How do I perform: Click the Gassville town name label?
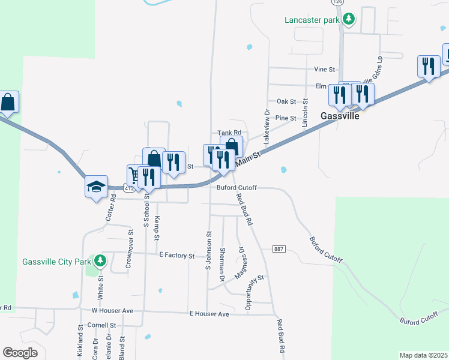pyautogui.click(x=340, y=116)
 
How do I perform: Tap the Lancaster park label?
pyautogui.click(x=312, y=19)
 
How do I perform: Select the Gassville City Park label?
pyautogui.click(x=56, y=261)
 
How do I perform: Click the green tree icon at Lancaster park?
pyautogui.click(x=349, y=19)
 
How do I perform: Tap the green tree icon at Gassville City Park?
pyautogui.click(x=100, y=261)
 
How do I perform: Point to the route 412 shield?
pyautogui.click(x=128, y=188)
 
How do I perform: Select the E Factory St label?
pyautogui.click(x=177, y=256)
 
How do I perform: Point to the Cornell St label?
pyautogui.click(x=101, y=325)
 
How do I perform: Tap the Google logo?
pyautogui.click(x=20, y=352)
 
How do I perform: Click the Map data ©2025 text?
pyautogui.click(x=423, y=355)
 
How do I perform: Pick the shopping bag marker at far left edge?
pyautogui.click(x=8, y=103)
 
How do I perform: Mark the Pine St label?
pyautogui.click(x=286, y=118)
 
